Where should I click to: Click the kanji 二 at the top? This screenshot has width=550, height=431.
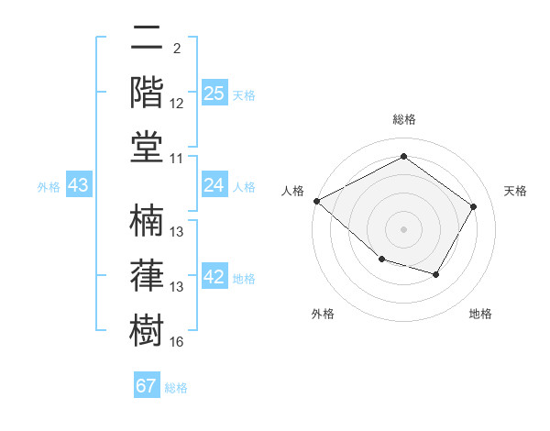tap(148, 39)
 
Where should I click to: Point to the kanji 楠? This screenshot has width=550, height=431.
tap(148, 220)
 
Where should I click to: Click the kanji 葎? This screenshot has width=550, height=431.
tap(148, 274)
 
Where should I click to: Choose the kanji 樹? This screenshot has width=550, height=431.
tap(148, 328)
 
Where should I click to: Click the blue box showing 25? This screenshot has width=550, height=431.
tap(214, 94)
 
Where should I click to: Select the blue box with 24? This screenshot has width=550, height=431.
tap(214, 186)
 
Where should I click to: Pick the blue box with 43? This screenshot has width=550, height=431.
tap(79, 186)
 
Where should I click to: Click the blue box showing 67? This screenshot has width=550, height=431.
tap(147, 386)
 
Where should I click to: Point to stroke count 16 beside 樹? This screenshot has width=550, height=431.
tap(177, 342)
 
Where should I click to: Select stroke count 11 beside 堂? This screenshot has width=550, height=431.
tap(177, 159)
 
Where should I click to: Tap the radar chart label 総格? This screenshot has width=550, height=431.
tap(404, 119)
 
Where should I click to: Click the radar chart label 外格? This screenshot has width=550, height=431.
tap(323, 314)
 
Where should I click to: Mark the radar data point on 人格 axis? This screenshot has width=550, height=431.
tap(316, 201)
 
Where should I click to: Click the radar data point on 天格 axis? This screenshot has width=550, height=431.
tap(473, 206)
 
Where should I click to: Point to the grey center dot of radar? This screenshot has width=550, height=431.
tap(403, 229)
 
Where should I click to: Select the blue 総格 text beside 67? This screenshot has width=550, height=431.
tap(176, 388)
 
